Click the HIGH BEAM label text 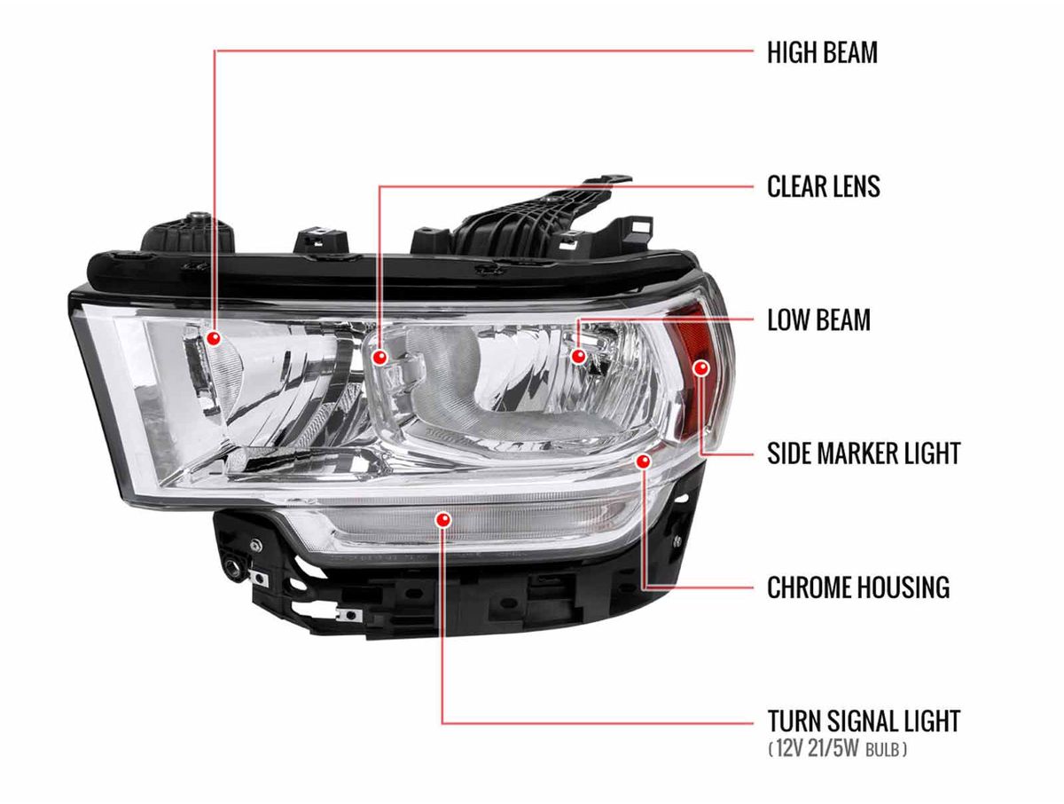coord(822,52)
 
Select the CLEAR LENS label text coord(823,186)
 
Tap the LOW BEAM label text coord(818,320)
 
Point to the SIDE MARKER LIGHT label coord(864,453)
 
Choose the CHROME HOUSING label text coord(857,587)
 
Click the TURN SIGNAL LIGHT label coord(864,721)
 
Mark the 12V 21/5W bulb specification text coord(837,750)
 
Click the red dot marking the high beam coord(213,338)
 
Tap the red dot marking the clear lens coord(379,357)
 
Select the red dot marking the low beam coord(578,356)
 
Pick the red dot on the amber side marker coord(701,367)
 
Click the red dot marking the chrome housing coord(644,461)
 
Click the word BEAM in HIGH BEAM coord(849,52)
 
